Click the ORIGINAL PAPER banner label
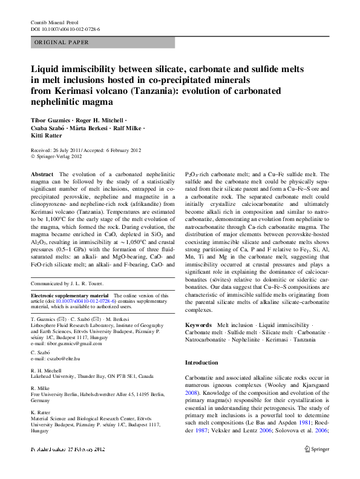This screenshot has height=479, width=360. (x=62, y=42)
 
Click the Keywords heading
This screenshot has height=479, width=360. (x=198, y=325)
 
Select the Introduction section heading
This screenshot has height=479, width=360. (x=201, y=362)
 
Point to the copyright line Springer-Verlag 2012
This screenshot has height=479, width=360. (x=61, y=155)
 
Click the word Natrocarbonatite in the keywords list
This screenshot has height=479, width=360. (x=209, y=340)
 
